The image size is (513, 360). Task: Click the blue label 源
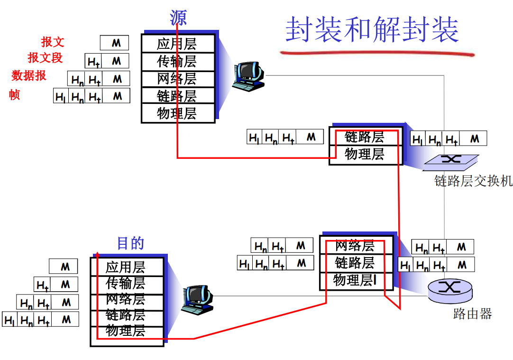(178, 18)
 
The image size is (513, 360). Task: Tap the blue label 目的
(130, 243)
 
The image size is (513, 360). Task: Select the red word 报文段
(46, 58)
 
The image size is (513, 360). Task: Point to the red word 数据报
(29, 75)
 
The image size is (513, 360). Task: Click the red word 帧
(14, 94)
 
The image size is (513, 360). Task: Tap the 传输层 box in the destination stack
(126, 283)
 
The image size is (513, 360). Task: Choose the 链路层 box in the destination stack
(126, 315)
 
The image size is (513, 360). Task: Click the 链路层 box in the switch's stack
(365, 137)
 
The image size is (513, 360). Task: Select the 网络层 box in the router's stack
(355, 246)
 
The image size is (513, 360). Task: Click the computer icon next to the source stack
(248, 76)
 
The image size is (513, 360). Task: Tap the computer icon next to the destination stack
(197, 299)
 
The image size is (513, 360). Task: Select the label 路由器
(472, 314)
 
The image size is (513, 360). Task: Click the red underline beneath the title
(377, 53)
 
